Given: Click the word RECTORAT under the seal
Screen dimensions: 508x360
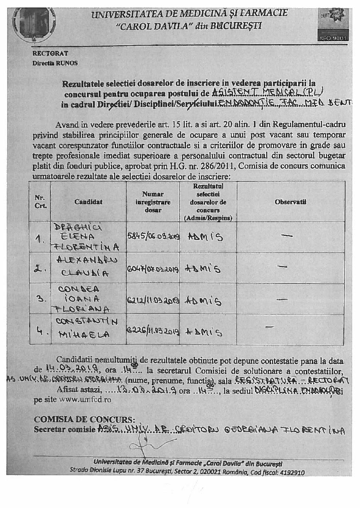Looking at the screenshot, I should coord(50,53).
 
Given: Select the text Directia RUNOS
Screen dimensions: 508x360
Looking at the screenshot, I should coord(55,63).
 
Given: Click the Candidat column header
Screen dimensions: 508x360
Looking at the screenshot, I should coord(88,202).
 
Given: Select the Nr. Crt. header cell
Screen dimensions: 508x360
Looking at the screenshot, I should coord(40,202).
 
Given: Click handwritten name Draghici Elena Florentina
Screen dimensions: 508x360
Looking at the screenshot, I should coord(88,237).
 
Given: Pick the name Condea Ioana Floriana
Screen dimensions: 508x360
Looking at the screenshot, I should coord(88,299).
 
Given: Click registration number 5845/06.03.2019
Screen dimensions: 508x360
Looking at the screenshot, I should coord(154,237).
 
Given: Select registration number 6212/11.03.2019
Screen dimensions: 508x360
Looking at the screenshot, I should coord(153,300).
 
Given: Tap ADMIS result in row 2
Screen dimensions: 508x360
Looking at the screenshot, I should coord(203,269).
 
